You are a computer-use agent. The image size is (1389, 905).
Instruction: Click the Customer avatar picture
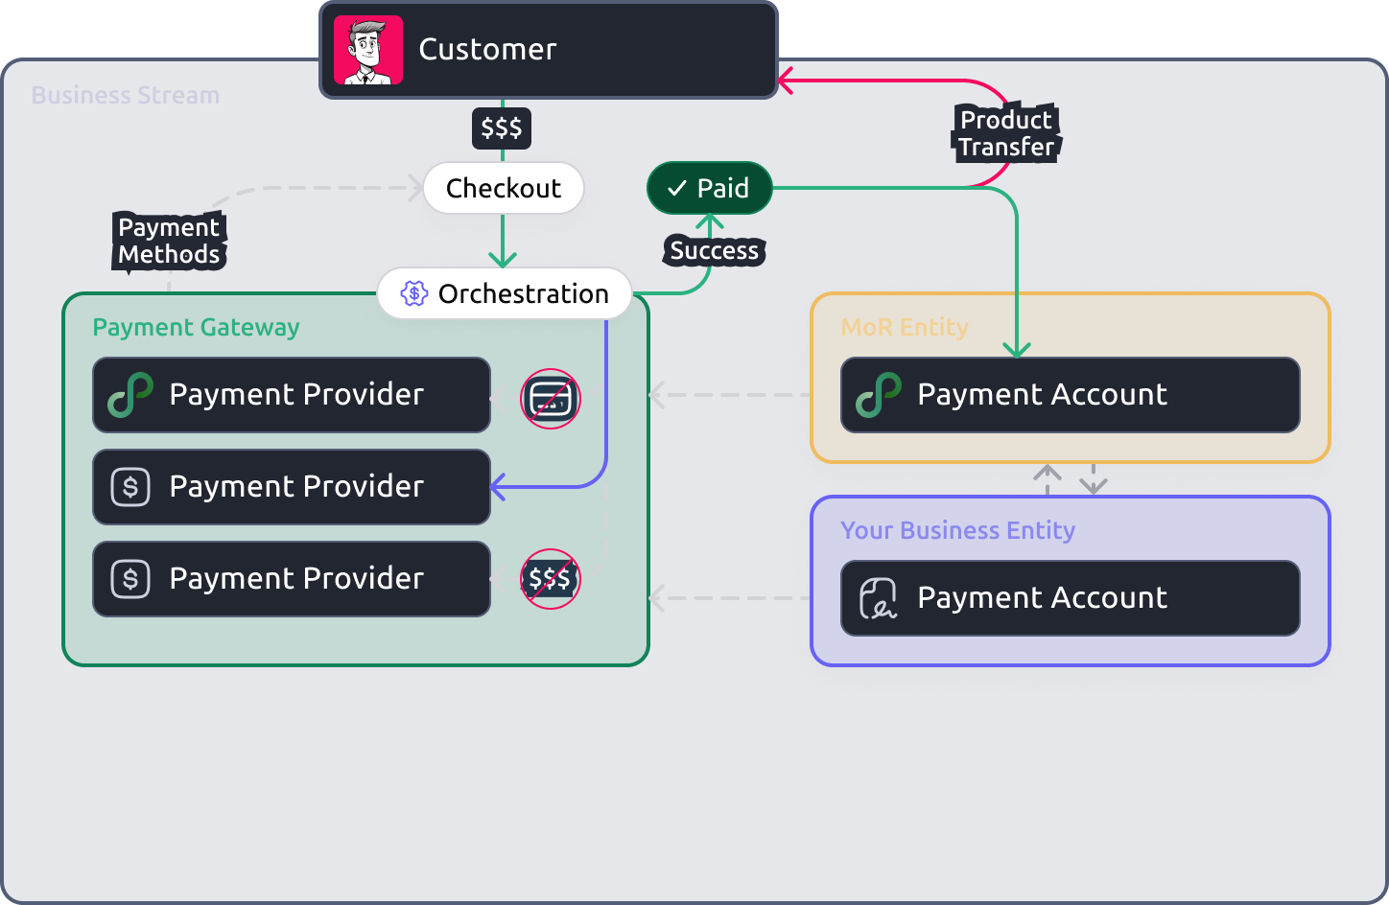click(x=367, y=50)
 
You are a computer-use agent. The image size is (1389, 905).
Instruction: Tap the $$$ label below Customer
click(x=501, y=128)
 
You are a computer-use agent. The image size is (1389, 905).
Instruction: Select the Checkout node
click(x=503, y=188)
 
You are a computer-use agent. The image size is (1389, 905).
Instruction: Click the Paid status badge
click(x=709, y=188)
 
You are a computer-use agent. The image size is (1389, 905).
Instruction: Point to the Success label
click(x=714, y=251)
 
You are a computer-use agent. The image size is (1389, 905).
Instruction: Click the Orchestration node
click(x=505, y=293)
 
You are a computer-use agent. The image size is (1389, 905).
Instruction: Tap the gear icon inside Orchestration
click(x=413, y=293)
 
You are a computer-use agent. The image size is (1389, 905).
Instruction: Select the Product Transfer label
click(x=1006, y=133)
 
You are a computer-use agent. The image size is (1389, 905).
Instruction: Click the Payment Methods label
click(x=169, y=241)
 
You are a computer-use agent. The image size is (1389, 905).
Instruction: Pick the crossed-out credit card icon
click(x=551, y=398)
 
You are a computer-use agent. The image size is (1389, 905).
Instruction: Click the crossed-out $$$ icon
click(x=550, y=578)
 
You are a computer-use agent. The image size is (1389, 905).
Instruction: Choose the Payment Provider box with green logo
click(x=292, y=395)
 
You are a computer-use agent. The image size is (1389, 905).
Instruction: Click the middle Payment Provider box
click(x=292, y=487)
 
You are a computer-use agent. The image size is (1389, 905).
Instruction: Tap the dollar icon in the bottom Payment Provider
click(x=130, y=579)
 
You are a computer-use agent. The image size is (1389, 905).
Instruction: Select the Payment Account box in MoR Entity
click(x=1070, y=395)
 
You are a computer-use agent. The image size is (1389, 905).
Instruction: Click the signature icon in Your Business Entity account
click(x=878, y=598)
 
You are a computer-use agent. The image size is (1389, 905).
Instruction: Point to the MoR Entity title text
click(x=904, y=328)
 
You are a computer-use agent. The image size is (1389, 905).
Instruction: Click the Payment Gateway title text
click(x=196, y=328)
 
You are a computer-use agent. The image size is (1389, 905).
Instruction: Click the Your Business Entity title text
click(x=957, y=531)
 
